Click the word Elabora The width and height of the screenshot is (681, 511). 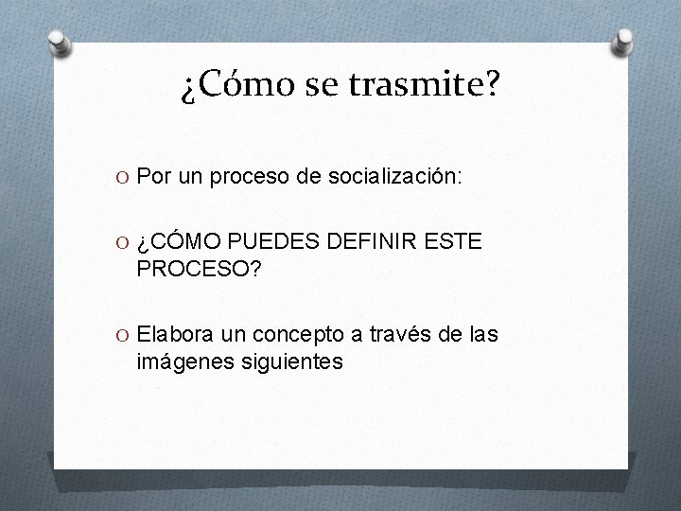pos(175,334)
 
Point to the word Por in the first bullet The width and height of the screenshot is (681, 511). pos(151,176)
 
